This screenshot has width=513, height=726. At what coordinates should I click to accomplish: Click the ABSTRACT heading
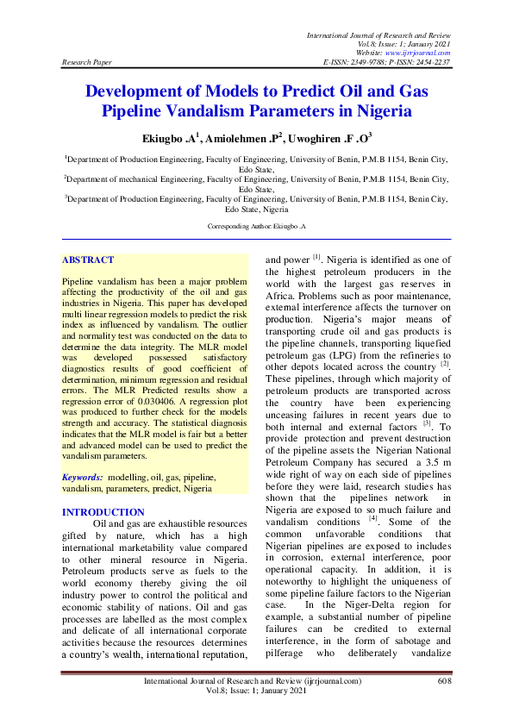coord(88,260)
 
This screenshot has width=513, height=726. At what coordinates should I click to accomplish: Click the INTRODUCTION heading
coord(103,512)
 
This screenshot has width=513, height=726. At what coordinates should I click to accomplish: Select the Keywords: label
coord(83,476)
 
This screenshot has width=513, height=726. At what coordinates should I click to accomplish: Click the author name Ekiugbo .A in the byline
coord(171,137)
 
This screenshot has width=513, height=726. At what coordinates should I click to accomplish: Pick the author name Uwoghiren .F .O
coord(330,137)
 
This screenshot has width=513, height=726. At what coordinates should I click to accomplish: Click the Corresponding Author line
coord(257,225)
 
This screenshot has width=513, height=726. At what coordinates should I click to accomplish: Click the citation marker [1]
coord(317,256)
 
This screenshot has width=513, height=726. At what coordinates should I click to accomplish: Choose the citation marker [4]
coord(373,519)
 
